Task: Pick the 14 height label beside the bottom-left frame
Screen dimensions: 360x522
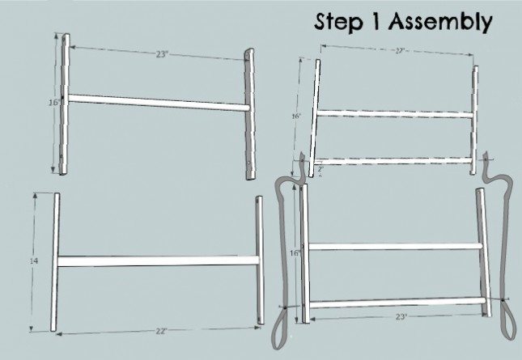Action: (x=35, y=261)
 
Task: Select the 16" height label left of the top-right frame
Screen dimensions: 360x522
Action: (x=295, y=117)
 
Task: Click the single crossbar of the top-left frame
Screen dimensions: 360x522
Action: (x=157, y=103)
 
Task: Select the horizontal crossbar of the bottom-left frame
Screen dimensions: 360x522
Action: (x=158, y=260)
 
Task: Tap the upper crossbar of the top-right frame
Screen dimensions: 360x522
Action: (x=397, y=116)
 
